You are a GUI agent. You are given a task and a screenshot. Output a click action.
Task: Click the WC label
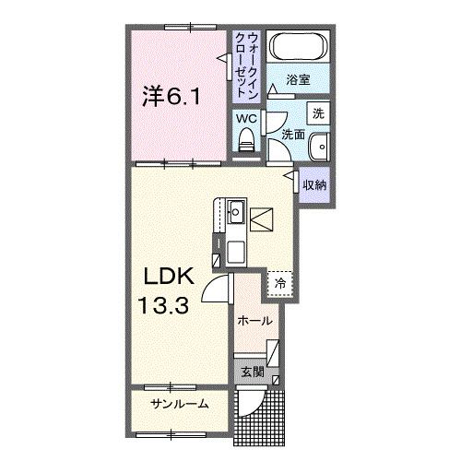point(245,119)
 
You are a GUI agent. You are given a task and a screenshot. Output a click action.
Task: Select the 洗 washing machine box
point(317,114)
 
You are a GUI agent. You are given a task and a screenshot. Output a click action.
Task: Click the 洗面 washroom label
point(292,135)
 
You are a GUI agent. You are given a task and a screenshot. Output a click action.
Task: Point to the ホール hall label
point(254,321)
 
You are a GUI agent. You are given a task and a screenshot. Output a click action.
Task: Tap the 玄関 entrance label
point(253,372)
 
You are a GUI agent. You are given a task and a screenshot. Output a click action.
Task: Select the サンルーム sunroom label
point(180,404)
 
